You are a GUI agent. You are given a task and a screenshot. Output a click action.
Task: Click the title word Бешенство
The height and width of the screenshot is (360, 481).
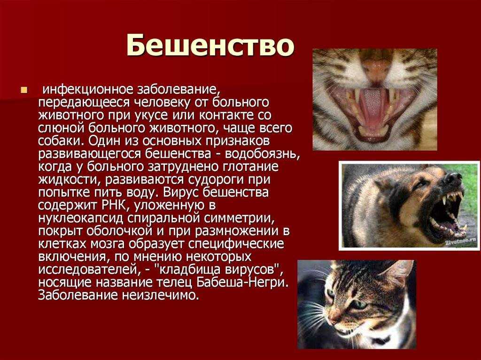[x=210, y=46]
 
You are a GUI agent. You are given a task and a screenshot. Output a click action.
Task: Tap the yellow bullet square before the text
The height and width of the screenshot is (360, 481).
[x=24, y=89]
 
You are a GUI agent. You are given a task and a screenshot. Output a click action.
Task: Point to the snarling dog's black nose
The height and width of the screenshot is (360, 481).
[x=453, y=178]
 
